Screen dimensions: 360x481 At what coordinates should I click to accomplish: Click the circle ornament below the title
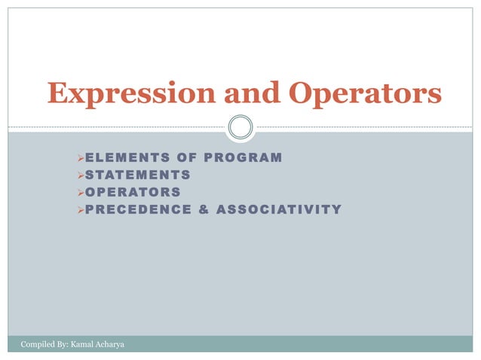240,127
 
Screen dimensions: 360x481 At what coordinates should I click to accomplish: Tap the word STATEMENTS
137,175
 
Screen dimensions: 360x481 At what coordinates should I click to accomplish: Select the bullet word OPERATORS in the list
133,191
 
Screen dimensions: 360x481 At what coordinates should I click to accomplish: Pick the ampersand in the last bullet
202,209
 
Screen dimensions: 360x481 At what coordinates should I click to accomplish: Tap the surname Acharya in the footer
110,345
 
